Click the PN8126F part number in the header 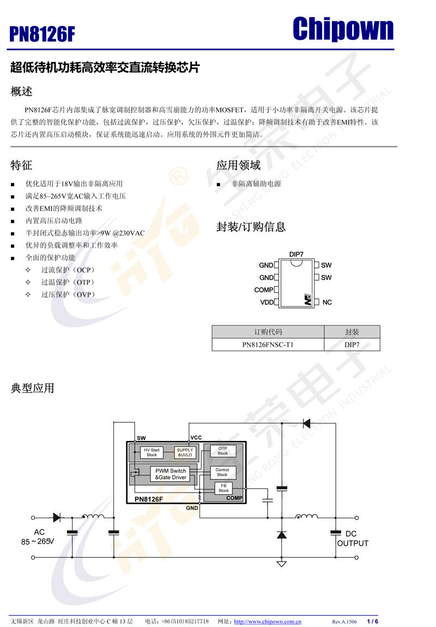coord(42,35)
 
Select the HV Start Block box coord(152,452)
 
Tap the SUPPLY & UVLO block coord(185,452)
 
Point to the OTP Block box coord(222,451)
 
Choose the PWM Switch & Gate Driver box coord(171,474)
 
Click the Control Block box coord(222,472)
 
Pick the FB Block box coord(223,488)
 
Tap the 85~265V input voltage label coord(38,542)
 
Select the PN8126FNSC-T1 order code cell coord(268,345)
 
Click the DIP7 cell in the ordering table coord(352,345)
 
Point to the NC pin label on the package coord(327,302)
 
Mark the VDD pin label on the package coord(267,302)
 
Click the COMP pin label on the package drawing coord(264,290)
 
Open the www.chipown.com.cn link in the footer coord(268,622)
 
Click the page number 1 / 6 coord(372,622)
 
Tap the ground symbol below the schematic coord(281,563)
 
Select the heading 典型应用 coord(33,388)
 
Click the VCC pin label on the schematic coord(196,438)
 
